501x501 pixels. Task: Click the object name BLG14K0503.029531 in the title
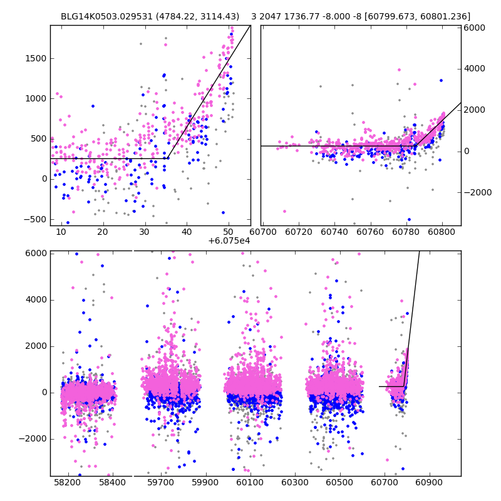(x=100, y=16)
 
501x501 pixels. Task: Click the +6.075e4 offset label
(x=229, y=240)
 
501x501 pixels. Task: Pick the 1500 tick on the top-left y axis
(x=36, y=58)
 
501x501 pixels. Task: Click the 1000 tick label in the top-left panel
(x=36, y=98)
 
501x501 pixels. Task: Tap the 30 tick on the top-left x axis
(x=145, y=232)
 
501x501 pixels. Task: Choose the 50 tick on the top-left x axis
(x=229, y=232)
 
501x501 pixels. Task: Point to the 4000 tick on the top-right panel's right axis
(x=475, y=69)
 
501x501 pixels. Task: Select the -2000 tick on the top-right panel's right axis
(x=477, y=192)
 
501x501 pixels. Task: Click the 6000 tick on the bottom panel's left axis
(x=36, y=253)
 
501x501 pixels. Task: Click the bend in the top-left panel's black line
(x=167, y=158)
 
